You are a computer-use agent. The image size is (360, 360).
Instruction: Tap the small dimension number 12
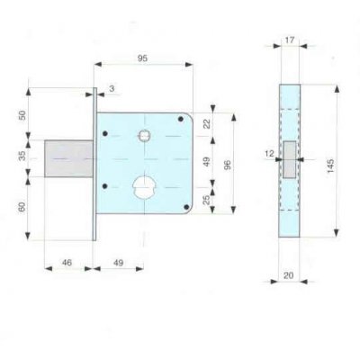269,155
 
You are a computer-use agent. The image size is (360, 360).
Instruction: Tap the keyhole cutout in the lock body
142,190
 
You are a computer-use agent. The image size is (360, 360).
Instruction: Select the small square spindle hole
143,136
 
